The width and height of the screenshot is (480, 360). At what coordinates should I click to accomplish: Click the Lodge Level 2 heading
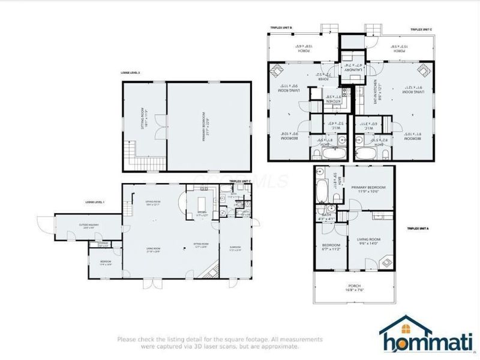click(130, 73)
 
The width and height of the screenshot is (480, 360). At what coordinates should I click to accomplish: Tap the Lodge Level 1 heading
click(95, 202)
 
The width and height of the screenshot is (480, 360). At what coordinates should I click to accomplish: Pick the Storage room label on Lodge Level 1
click(103, 244)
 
